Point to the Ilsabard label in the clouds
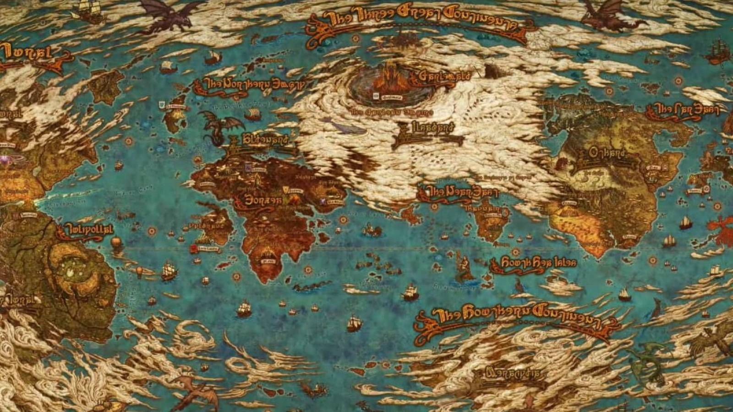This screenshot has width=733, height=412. point(426,129)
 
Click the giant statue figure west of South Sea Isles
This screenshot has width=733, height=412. point(463,266)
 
